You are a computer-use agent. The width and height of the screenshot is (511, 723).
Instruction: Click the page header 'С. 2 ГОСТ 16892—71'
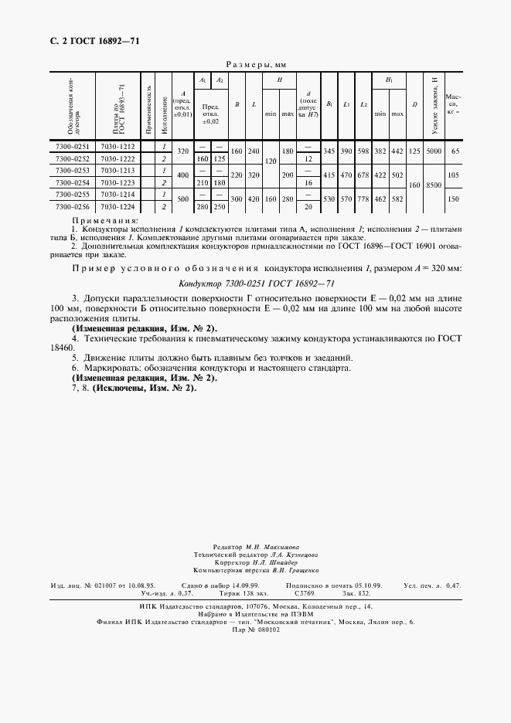click(87, 40)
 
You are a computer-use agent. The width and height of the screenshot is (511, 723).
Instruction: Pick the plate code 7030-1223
click(118, 182)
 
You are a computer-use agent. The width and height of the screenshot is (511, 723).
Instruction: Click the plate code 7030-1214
click(118, 195)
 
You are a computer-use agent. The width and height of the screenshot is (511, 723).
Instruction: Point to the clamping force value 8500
click(435, 185)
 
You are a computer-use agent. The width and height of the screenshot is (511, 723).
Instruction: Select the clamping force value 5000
click(435, 151)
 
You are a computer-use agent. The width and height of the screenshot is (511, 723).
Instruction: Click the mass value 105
click(455, 176)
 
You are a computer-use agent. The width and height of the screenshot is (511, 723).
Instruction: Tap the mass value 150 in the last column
click(455, 201)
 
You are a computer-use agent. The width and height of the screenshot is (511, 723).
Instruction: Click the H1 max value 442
click(397, 151)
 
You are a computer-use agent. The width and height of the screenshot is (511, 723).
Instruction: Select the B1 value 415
click(329, 176)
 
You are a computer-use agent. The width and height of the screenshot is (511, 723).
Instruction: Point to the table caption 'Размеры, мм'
click(255, 66)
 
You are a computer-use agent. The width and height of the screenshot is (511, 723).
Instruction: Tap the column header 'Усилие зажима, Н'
click(435, 105)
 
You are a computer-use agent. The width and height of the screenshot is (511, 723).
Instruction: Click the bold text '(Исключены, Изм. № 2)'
click(145, 387)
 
